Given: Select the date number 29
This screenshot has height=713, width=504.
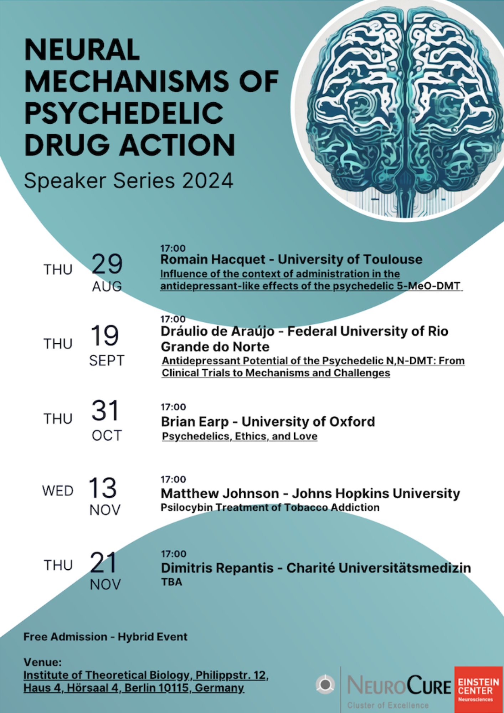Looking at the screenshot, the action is [x=107, y=264].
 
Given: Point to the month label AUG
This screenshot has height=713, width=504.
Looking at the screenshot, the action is [x=107, y=286].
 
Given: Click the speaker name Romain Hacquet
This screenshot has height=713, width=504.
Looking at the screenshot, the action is [x=213, y=260].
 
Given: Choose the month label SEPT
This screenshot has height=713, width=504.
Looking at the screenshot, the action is [x=107, y=361].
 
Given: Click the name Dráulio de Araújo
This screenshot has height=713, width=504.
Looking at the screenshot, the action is [x=218, y=331].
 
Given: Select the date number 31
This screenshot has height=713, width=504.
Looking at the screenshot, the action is [x=105, y=410].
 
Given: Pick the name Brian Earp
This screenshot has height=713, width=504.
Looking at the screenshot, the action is [x=195, y=422].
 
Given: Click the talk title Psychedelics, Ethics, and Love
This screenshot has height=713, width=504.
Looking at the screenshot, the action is [x=240, y=436].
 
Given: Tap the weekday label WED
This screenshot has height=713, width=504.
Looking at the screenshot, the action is [x=58, y=491].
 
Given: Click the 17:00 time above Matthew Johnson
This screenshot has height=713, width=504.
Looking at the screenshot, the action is [x=173, y=479].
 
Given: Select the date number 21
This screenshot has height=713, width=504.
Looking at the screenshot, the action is [x=103, y=563].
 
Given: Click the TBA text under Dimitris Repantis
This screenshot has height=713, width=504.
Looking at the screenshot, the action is [x=171, y=582].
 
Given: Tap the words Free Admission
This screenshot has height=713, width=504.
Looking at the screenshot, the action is [x=65, y=637].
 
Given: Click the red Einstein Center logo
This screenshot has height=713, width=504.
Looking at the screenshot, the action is [x=478, y=689].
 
